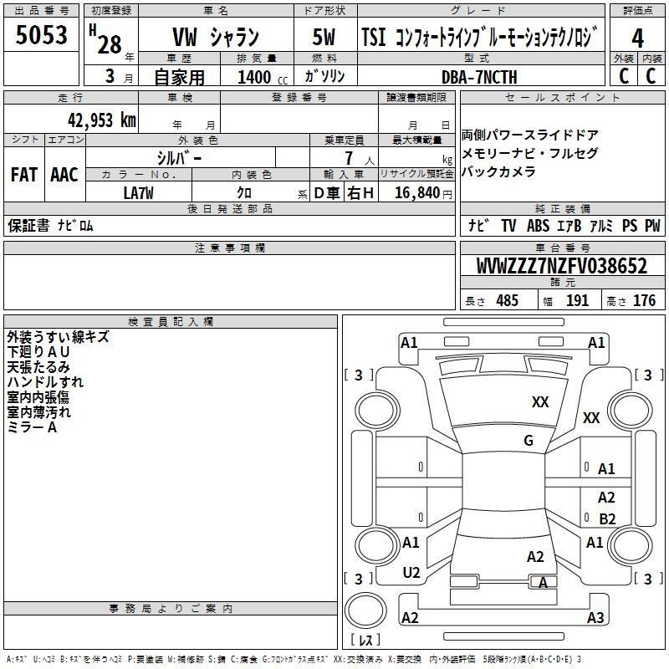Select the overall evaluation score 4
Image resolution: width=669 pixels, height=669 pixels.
[x=638, y=38]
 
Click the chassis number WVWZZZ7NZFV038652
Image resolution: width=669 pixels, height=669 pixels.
[x=562, y=267]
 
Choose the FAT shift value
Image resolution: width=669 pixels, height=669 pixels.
[x=23, y=175]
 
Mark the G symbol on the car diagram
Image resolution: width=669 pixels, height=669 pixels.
[x=528, y=440]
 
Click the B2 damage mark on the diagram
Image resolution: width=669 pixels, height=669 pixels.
[x=607, y=518]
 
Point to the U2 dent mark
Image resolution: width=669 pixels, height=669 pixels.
[x=411, y=573]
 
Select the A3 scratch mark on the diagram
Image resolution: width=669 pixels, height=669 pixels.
[x=595, y=618]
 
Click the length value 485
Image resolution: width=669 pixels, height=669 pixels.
[x=507, y=301]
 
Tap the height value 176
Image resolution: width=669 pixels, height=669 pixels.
[x=644, y=301]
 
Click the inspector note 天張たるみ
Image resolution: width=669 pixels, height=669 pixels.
[x=38, y=367]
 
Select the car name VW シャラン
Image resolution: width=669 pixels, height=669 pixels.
[x=215, y=38]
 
